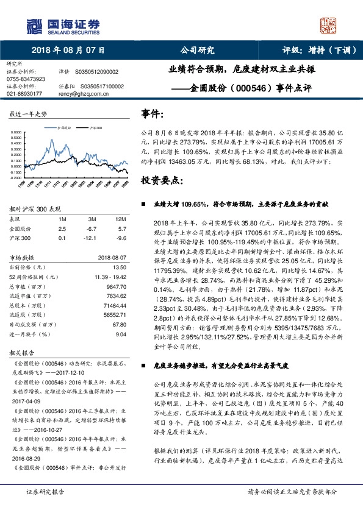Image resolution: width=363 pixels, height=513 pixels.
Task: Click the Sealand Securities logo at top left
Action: (x=62, y=24)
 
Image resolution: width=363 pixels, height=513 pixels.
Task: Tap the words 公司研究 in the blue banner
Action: (x=198, y=51)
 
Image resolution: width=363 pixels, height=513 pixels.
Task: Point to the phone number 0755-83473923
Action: (x=26, y=79)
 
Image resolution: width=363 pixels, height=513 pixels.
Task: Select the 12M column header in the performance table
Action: (x=120, y=219)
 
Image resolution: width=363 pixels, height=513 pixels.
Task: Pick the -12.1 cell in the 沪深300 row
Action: (x=93, y=238)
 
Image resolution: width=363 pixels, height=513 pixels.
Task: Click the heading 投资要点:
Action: (x=161, y=182)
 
